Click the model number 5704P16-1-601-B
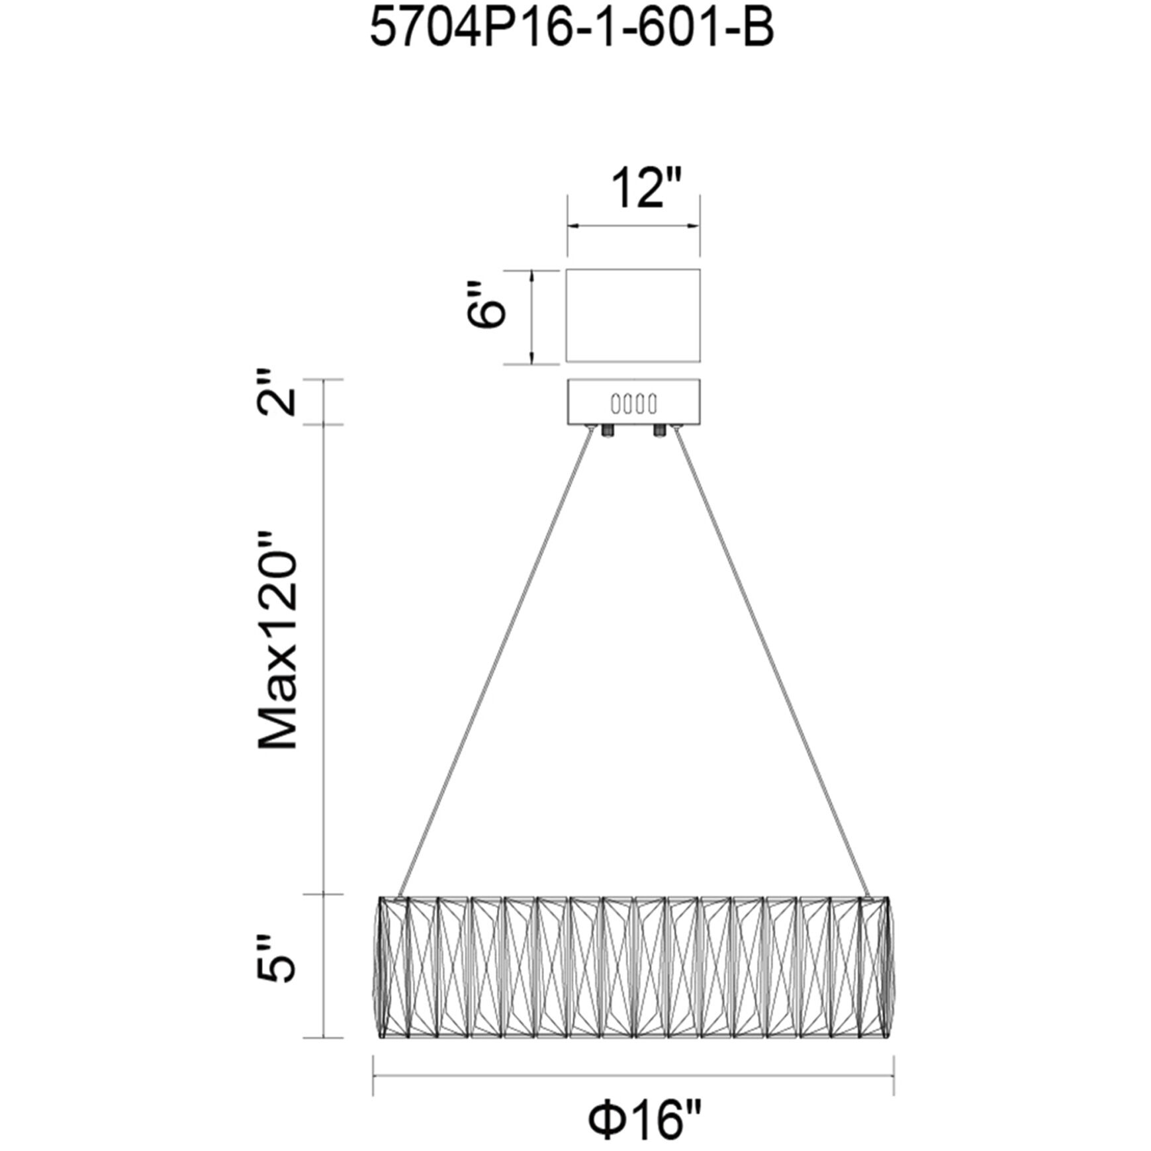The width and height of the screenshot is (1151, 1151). tap(571, 29)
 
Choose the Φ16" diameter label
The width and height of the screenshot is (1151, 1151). tap(645, 1119)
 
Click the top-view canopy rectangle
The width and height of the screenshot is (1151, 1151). tap(633, 315)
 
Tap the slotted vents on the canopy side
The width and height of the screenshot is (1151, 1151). tap(633, 402)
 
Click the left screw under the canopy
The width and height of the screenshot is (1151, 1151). tap(607, 432)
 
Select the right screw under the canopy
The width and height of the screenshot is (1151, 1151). tap(659, 432)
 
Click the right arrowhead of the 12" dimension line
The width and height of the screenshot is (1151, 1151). tap(693, 226)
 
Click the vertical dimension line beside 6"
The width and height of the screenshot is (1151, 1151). tap(531, 316)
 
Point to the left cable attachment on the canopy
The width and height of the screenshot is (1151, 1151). tap(590, 429)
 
